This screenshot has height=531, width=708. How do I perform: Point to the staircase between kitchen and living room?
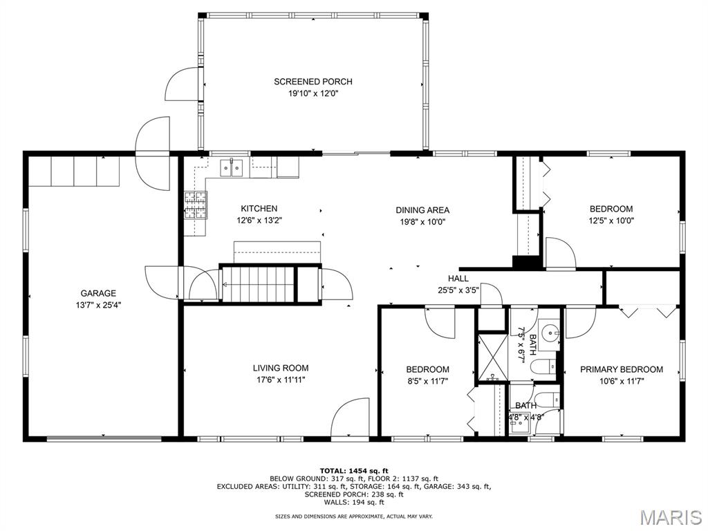pyautogui.click(x=257, y=283)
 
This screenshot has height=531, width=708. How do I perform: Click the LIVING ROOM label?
pyautogui.click(x=280, y=368)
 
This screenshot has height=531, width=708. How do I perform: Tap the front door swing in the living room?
pyautogui.click(x=351, y=418)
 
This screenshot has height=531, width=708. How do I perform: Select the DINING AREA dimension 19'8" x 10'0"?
pyautogui.click(x=422, y=222)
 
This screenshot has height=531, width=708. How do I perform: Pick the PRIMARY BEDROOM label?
pyautogui.click(x=621, y=369)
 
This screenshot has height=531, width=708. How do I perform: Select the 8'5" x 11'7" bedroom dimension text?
pyautogui.click(x=427, y=380)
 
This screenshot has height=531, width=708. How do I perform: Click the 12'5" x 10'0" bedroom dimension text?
pyautogui.click(x=611, y=221)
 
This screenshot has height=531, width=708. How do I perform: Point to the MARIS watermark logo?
pyautogui.click(x=670, y=516)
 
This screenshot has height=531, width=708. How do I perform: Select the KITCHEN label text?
pyautogui.click(x=259, y=208)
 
